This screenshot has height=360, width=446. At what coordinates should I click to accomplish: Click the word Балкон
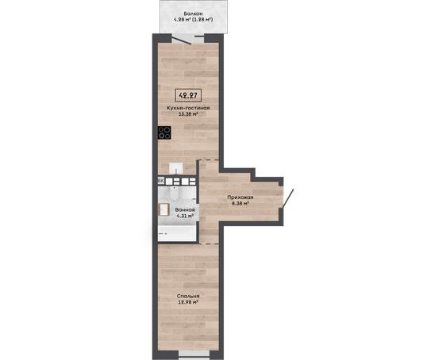tap(193, 13)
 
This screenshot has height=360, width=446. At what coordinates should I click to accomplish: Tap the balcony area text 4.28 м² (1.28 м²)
tap(194, 20)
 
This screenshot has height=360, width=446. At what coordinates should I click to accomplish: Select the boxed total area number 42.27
tap(188, 95)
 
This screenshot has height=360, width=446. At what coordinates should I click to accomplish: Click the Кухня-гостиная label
tap(188, 108)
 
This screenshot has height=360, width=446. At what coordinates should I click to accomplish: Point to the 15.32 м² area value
tap(188, 114)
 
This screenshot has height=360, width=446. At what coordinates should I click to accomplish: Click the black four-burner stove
tap(164, 132)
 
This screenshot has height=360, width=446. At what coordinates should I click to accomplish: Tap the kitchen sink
tap(176, 168)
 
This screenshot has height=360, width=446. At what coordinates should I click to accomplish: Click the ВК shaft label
tap(161, 181)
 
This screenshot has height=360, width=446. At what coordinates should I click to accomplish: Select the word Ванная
tap(185, 209)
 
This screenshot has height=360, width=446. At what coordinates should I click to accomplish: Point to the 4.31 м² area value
tap(185, 216)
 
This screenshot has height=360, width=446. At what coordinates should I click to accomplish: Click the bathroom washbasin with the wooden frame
tap(163, 209)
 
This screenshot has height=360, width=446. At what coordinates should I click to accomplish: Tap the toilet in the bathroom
tap(174, 194)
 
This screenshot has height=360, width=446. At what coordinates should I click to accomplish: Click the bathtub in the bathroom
tap(177, 234)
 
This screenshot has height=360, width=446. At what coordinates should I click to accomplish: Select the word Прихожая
tap(240, 197)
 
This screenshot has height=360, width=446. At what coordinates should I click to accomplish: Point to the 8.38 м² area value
tap(240, 203)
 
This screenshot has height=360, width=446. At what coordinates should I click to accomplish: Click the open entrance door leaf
tap(288, 198)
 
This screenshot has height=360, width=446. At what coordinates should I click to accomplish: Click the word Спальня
tap(188, 296)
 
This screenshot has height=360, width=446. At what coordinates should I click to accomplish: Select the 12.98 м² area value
tap(188, 302)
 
